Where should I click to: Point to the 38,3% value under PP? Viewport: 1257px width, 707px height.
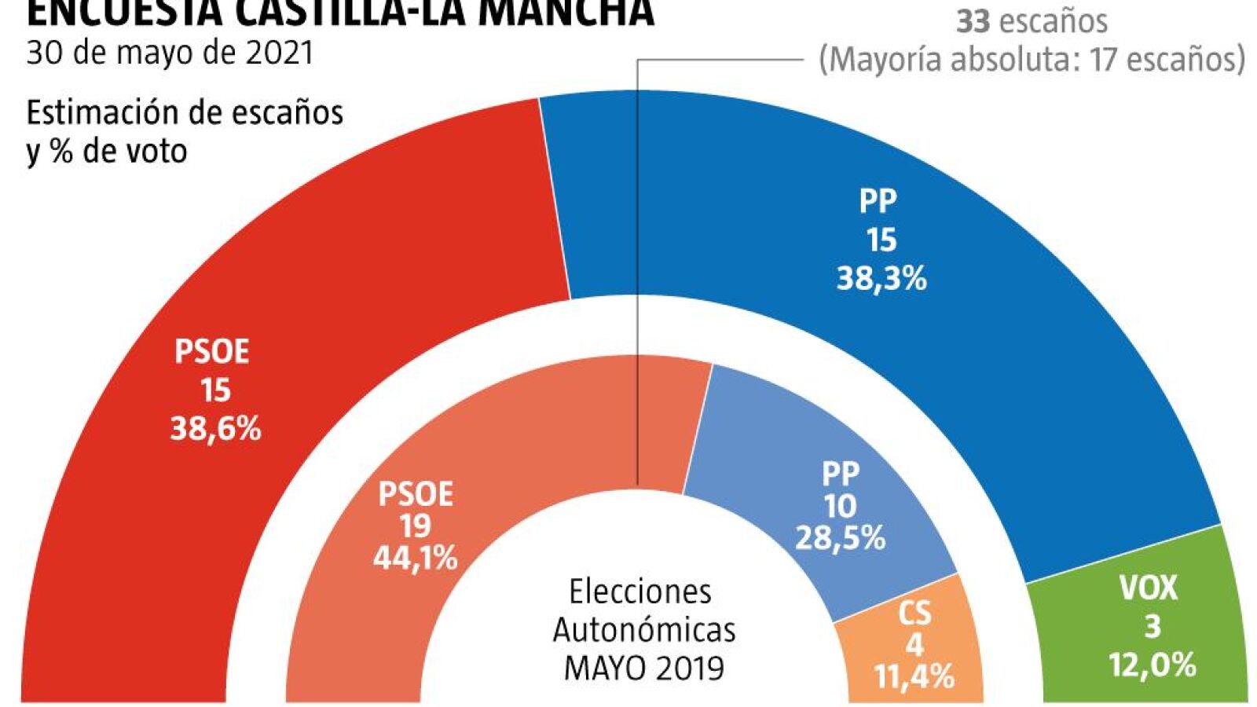point(881,278)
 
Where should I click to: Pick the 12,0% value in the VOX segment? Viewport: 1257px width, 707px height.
point(1152,665)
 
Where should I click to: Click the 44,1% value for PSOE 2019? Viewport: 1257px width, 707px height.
point(415,558)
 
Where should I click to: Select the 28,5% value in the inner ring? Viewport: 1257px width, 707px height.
point(840,538)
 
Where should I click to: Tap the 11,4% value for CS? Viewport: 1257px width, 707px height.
point(914,676)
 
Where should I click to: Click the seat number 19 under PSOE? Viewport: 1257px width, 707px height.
point(415,526)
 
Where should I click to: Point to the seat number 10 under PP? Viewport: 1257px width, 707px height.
point(840,506)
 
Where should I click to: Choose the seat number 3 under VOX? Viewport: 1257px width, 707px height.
point(1152,627)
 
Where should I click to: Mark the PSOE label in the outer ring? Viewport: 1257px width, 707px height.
point(211,352)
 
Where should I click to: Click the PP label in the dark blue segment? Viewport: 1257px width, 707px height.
point(878,202)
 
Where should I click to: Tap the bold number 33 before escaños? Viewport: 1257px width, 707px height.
point(972,21)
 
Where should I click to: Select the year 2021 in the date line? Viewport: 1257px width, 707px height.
point(279,53)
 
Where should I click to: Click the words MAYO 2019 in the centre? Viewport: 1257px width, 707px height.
point(644,668)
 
